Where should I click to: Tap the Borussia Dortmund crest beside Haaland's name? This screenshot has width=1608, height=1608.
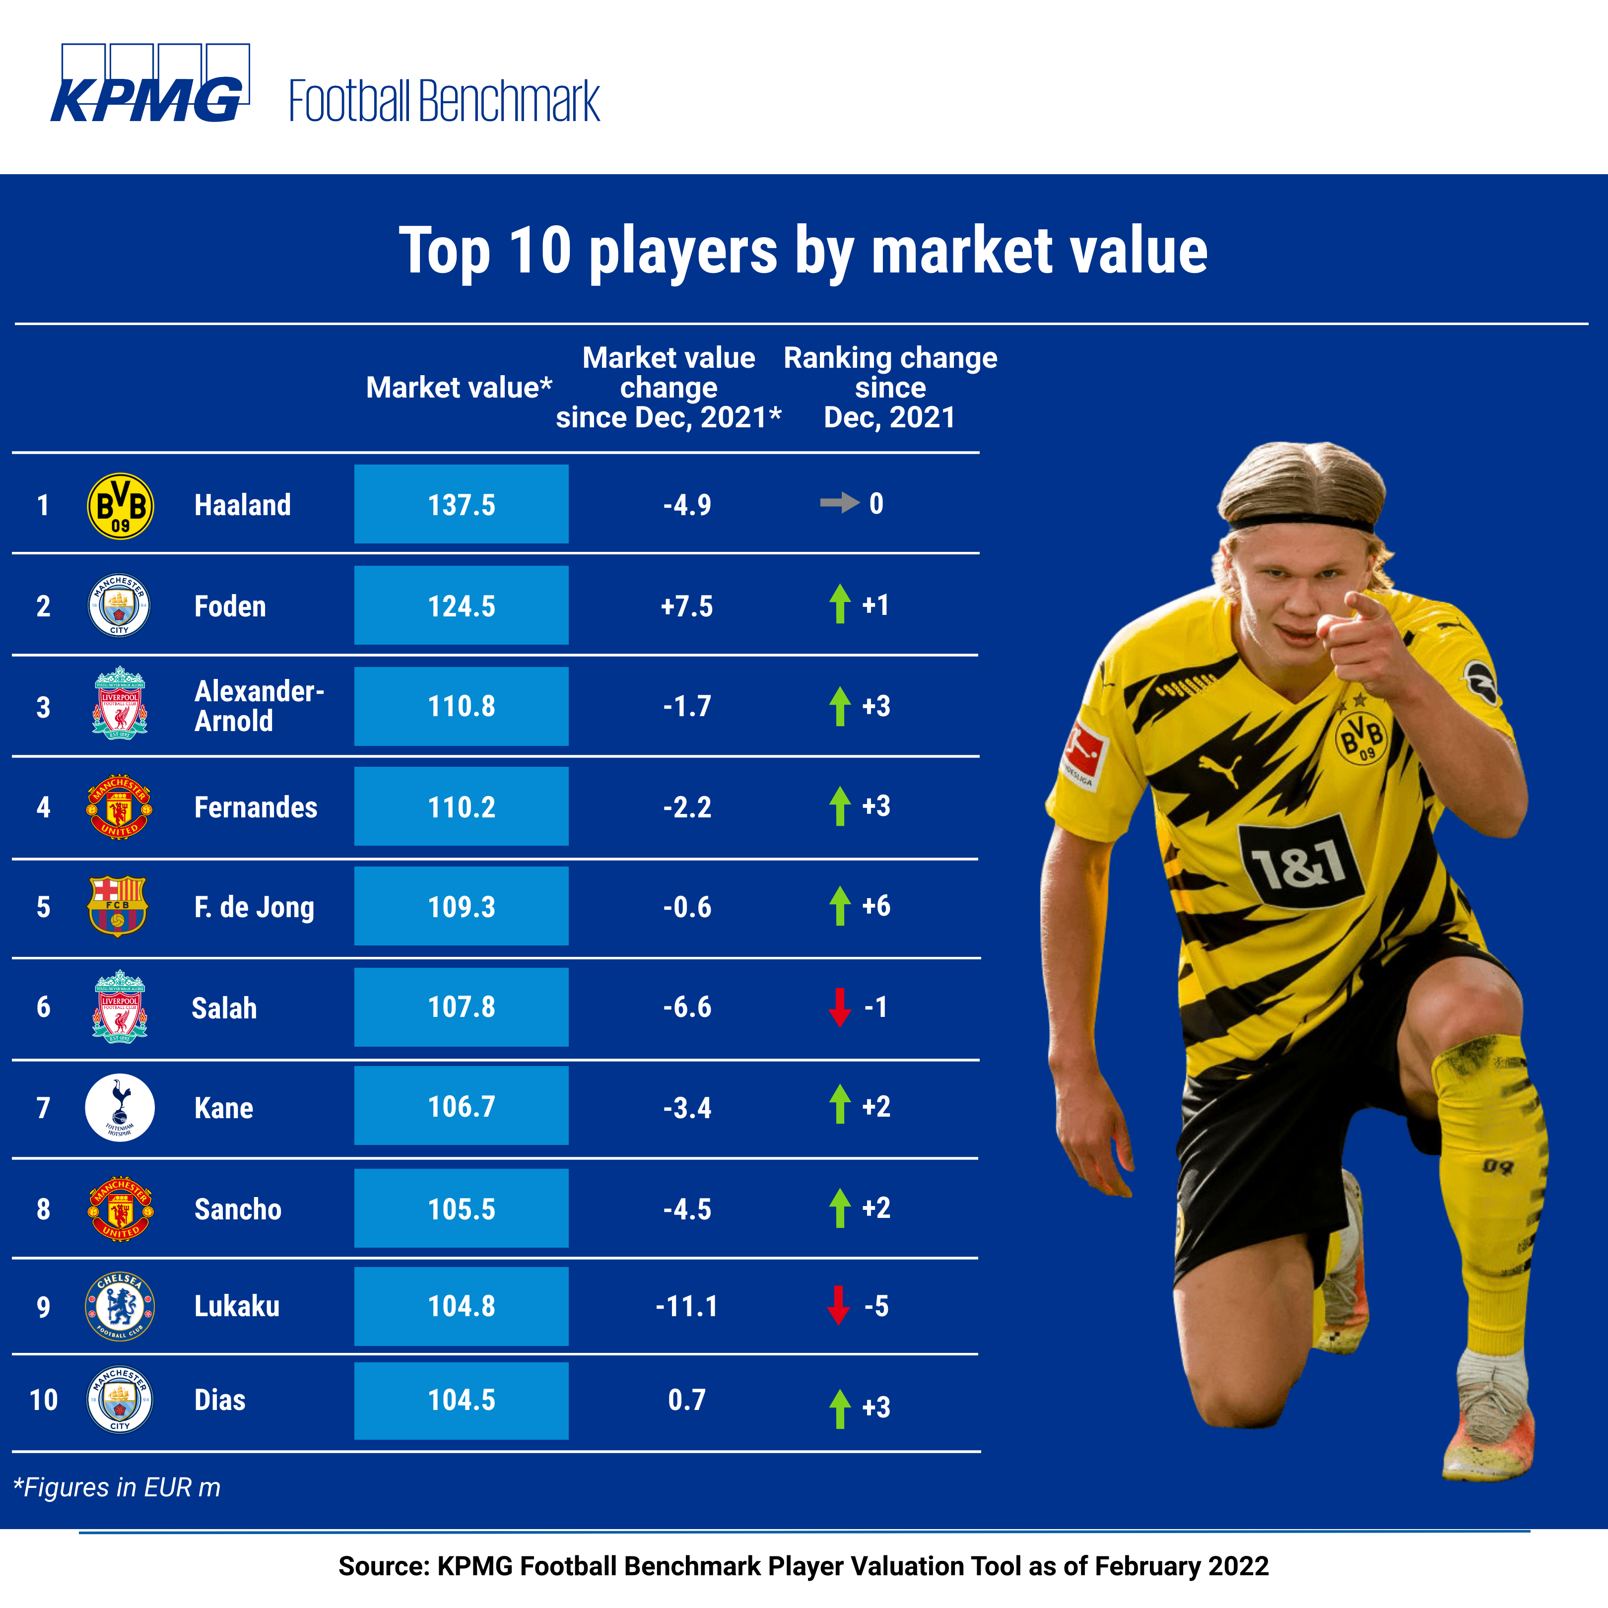(120, 506)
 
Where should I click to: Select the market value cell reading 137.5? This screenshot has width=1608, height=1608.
(461, 504)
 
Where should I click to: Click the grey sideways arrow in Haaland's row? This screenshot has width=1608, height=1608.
(838, 503)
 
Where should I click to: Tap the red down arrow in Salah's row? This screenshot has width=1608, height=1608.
(839, 1007)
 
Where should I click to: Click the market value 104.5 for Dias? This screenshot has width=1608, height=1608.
(461, 1401)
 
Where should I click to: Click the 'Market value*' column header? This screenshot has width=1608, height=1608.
(459, 388)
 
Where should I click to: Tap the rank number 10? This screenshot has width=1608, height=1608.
(43, 1401)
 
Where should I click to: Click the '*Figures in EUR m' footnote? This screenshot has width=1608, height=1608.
(117, 1487)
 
